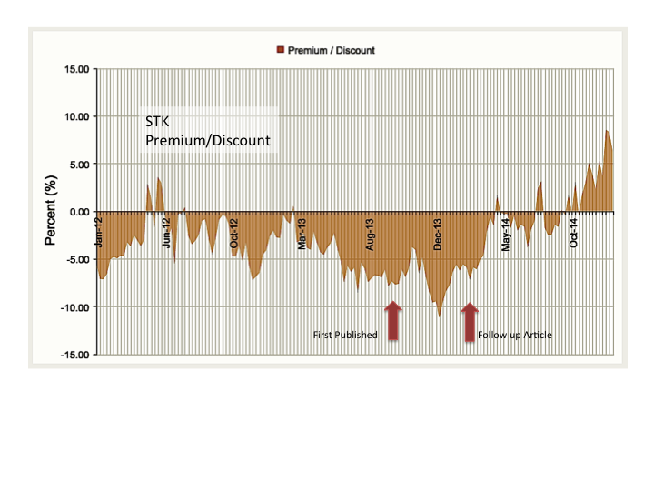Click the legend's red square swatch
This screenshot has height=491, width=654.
click(x=280, y=50)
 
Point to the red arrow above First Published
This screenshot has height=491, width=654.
click(x=393, y=321)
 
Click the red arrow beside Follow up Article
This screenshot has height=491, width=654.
click(x=469, y=321)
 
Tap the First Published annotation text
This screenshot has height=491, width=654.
click(x=345, y=335)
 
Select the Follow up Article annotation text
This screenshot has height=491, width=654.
click(x=515, y=335)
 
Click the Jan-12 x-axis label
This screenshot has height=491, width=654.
click(x=99, y=234)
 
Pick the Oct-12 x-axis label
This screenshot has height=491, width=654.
click(x=234, y=234)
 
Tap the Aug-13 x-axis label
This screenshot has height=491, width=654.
click(x=371, y=234)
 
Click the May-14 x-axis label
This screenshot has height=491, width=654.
click(x=506, y=234)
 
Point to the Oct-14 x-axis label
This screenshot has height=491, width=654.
click(x=574, y=234)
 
